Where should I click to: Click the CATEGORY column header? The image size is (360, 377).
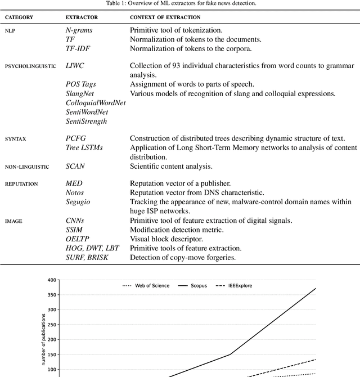click(19, 17)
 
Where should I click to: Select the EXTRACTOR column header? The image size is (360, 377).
click(82, 17)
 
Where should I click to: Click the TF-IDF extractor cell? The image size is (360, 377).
click(79, 49)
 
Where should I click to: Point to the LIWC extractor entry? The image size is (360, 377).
click(75, 66)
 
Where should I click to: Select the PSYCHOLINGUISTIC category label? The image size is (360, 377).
click(30, 66)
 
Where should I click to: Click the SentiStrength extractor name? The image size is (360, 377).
click(86, 121)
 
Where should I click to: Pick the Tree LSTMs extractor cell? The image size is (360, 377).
click(84, 147)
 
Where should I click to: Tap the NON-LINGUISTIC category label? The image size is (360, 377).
click(27, 167)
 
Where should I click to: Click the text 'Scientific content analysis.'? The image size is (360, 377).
click(171, 167)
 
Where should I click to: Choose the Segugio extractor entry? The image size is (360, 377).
click(79, 201)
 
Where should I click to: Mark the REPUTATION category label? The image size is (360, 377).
click(21, 183)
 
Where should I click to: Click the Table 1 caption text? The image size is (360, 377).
click(179, 3)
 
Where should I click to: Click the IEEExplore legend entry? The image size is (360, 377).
click(237, 285)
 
